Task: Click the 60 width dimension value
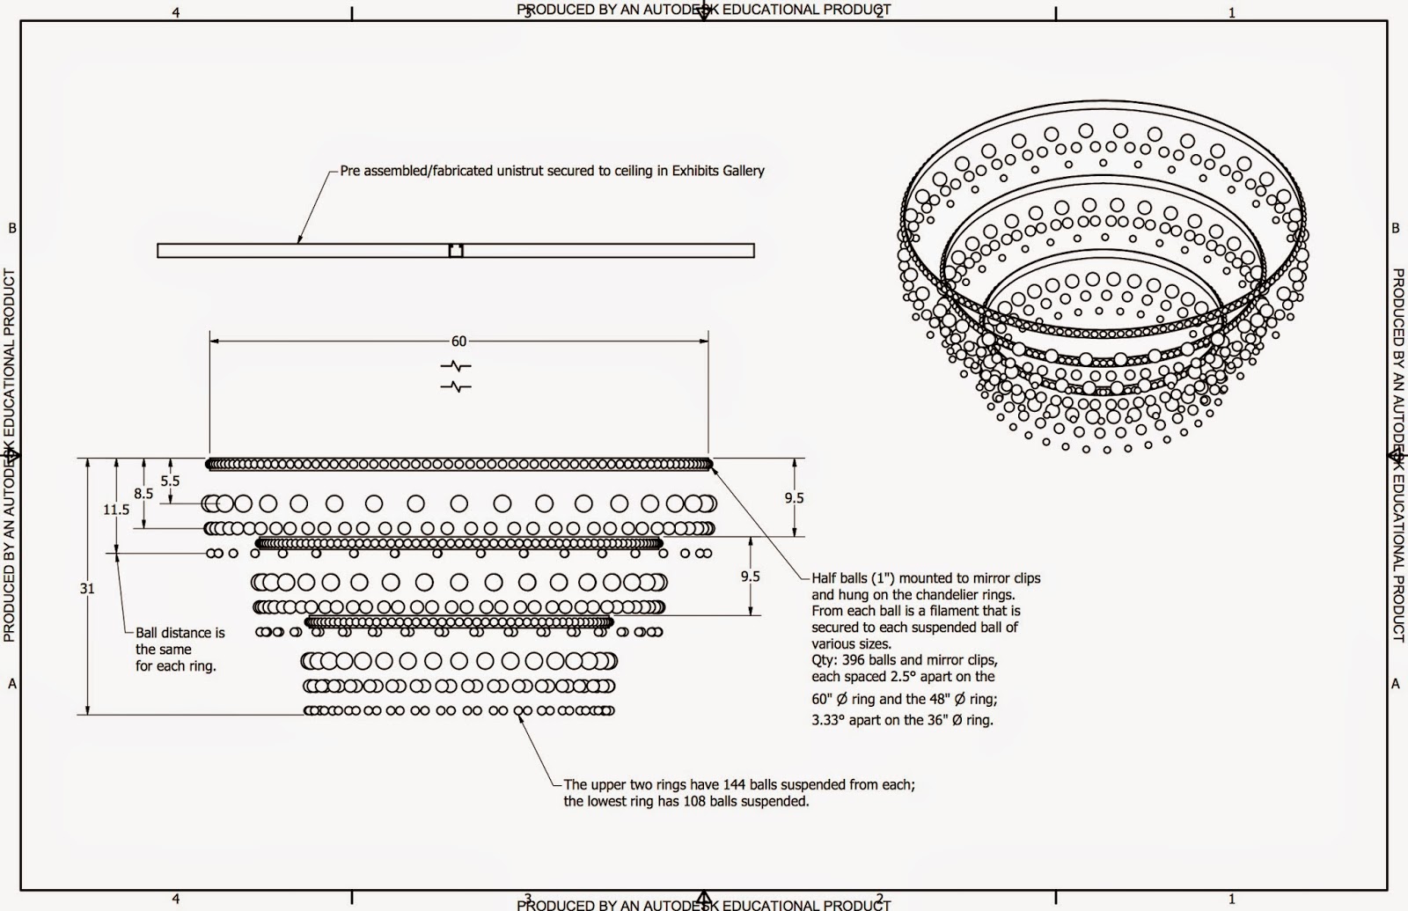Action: (458, 341)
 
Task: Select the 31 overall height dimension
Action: (87, 589)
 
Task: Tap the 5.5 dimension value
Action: (170, 481)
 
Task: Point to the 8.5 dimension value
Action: (143, 494)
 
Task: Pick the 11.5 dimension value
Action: (116, 510)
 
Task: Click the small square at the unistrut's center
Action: (456, 251)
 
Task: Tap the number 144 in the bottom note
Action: (735, 784)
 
